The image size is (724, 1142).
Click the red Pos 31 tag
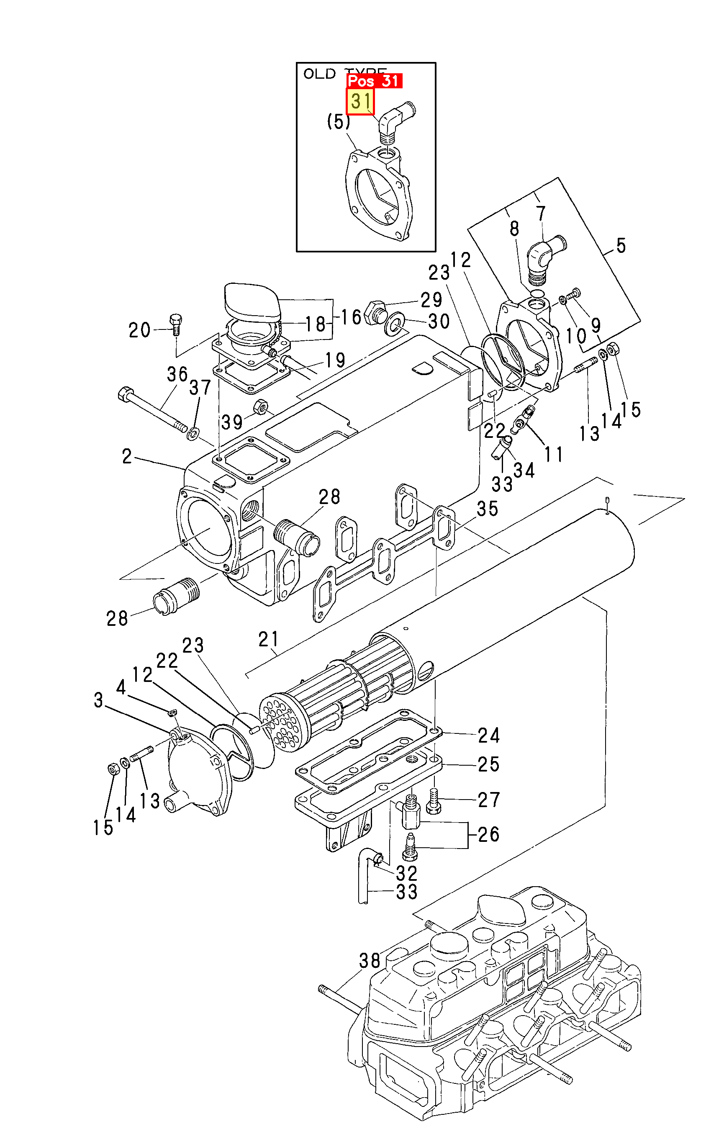(x=374, y=81)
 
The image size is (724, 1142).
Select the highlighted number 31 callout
(x=360, y=101)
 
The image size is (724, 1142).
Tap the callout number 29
(x=431, y=300)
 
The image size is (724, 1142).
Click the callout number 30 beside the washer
(x=439, y=322)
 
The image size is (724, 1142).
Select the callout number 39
(x=232, y=422)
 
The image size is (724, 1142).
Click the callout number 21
(x=268, y=639)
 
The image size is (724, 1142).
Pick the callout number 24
(x=488, y=736)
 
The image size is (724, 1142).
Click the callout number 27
(x=488, y=800)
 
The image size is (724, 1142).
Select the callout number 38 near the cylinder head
(x=370, y=961)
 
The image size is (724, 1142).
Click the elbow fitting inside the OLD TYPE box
(x=395, y=119)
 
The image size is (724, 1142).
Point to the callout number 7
(x=541, y=214)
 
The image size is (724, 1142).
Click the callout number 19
(x=335, y=360)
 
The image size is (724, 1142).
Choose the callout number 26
(x=488, y=835)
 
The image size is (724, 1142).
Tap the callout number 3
(x=98, y=700)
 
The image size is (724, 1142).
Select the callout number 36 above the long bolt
(x=177, y=375)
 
